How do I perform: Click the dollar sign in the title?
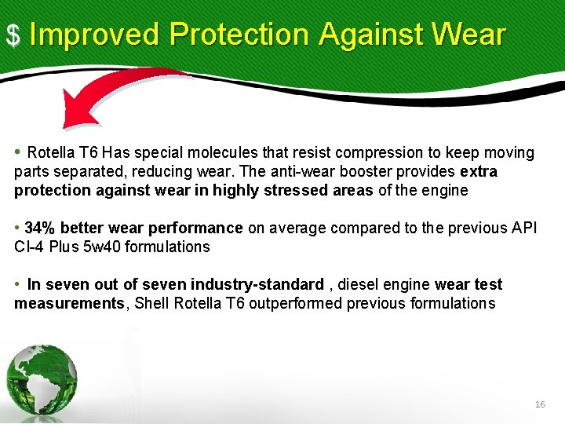coord(13,35)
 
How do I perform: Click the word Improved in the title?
coord(94,34)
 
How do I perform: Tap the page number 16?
coord(539,404)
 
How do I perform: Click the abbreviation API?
coord(523,228)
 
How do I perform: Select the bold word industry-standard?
coord(261,284)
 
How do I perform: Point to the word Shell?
coord(152,303)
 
